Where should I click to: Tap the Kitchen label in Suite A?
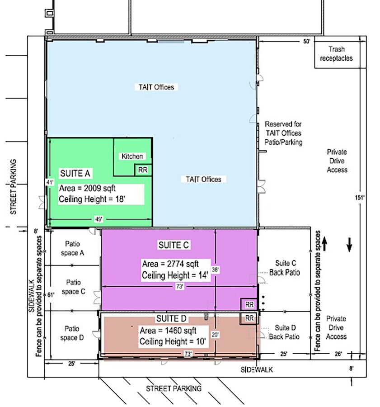[132, 156]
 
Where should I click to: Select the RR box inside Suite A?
[143, 170]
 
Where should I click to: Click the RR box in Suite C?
[249, 304]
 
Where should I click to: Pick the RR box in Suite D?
[249, 318]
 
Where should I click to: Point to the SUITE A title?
[75, 173]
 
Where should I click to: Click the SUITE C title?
[174, 245]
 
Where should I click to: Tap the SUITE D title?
[171, 318]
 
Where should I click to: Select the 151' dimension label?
[360, 198]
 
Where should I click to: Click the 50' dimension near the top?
[307, 42]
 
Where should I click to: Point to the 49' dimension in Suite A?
[99, 219]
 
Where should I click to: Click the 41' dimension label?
[50, 183]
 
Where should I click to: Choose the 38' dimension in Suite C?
[215, 270]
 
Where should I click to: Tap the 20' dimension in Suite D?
[215, 335]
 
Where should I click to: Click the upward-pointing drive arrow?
[324, 245]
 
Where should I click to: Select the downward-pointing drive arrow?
[349, 245]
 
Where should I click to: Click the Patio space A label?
[72, 248]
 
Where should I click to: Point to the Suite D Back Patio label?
[284, 332]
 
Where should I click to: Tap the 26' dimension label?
[338, 354]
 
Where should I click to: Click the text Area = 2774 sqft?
[170, 264]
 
